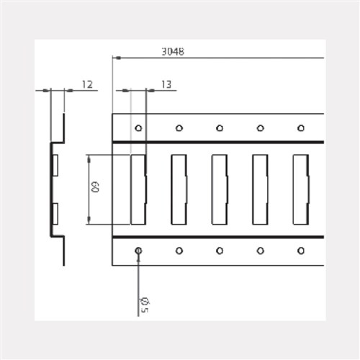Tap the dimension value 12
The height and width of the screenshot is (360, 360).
(86, 84)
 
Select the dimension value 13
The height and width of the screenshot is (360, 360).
(166, 84)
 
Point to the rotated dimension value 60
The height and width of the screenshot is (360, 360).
(94, 189)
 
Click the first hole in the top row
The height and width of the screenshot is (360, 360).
(138, 128)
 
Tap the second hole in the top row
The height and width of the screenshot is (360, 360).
(179, 128)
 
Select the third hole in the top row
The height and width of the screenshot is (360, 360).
(220, 128)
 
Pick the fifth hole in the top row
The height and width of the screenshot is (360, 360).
(301, 128)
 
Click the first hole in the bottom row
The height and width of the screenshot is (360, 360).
(138, 251)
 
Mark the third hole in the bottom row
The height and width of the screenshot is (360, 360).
(220, 251)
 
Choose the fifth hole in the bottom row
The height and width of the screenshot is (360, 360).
(301, 251)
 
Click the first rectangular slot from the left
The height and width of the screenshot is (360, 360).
(138, 189)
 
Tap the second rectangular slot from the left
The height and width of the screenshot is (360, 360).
(179, 189)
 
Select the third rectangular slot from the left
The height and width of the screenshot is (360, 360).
(220, 189)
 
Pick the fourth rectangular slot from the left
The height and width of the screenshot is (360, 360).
(260, 189)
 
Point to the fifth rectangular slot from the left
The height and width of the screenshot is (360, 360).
(301, 189)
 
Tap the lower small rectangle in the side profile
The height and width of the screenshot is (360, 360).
(55, 214)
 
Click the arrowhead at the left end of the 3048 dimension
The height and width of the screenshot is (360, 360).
(116, 57)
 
